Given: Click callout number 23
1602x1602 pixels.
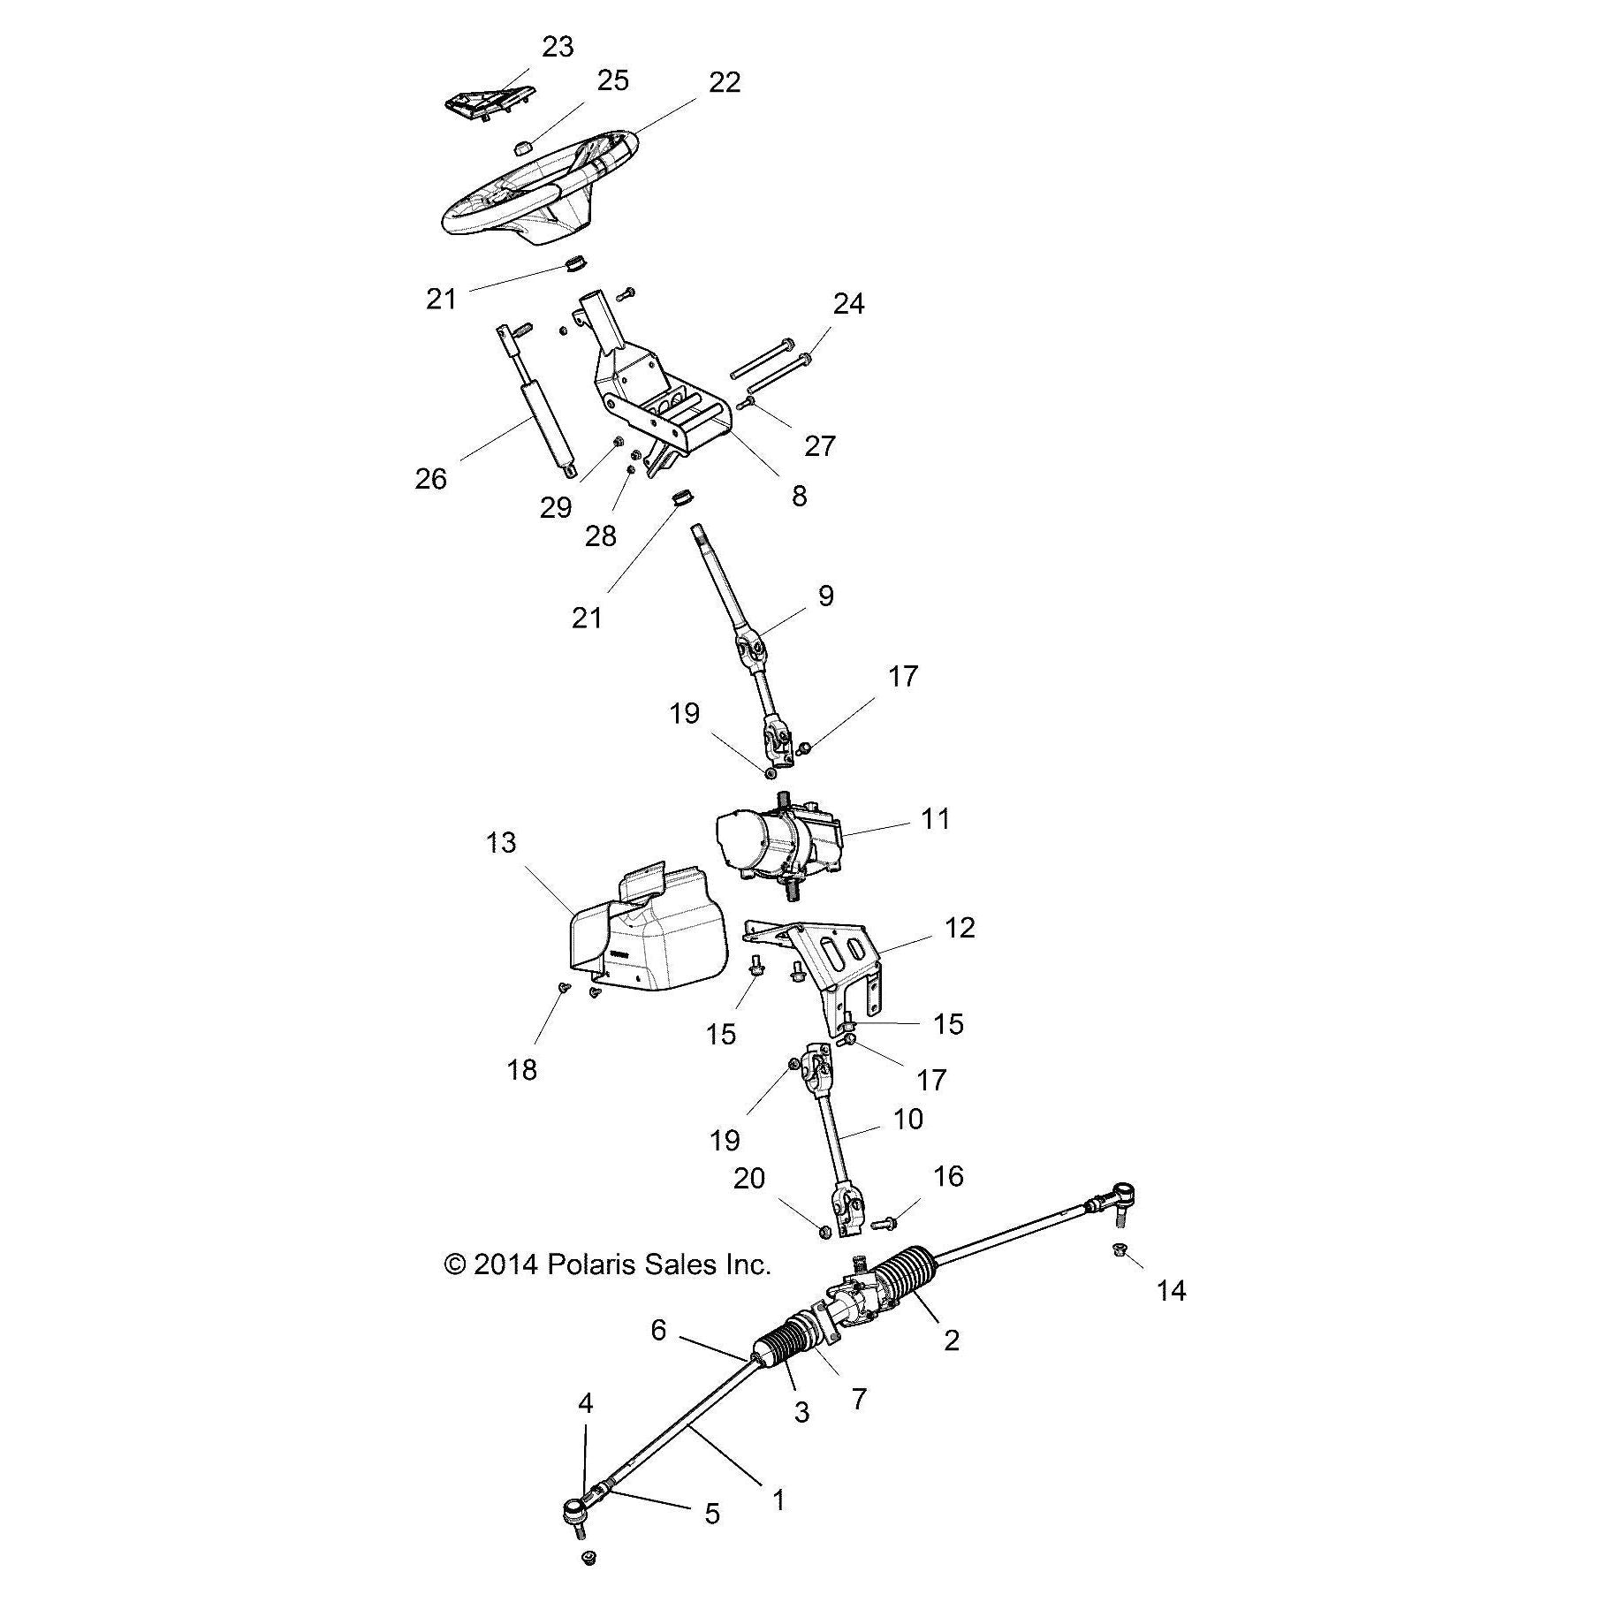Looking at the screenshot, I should click(x=557, y=47).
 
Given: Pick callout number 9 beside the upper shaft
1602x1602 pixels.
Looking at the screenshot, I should click(x=825, y=596).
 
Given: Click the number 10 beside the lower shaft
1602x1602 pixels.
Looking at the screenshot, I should click(x=908, y=1119).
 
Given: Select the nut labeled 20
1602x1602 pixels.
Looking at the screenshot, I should click(x=823, y=1230).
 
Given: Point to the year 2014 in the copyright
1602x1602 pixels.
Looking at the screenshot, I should click(x=505, y=1264).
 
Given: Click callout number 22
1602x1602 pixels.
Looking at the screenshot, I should click(x=724, y=82).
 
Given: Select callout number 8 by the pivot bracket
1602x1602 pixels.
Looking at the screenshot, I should click(x=799, y=496).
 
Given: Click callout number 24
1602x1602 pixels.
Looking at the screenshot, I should click(x=848, y=304).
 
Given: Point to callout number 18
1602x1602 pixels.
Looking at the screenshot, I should click(x=521, y=1070).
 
